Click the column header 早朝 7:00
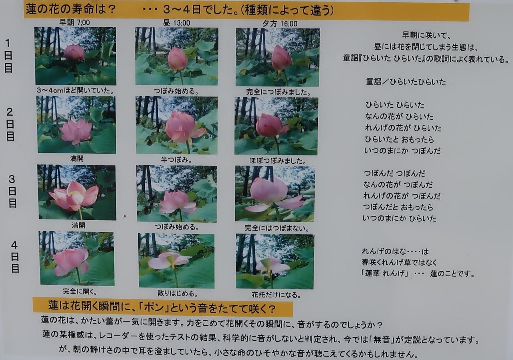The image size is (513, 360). click(x=75, y=22)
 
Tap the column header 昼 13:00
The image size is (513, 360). click(x=176, y=23)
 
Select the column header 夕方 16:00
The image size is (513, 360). click(x=280, y=24)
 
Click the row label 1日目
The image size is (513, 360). click(x=8, y=56)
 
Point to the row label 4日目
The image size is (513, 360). click(x=15, y=257)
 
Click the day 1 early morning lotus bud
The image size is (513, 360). click(x=74, y=53)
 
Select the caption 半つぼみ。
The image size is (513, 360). click(x=176, y=159)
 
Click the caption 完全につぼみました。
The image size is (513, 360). click(x=279, y=92)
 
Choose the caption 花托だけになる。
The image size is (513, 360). click(x=276, y=295)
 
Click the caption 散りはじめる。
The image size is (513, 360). click(x=178, y=293)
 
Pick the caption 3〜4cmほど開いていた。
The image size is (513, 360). click(x=75, y=91)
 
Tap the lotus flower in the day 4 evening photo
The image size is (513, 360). click(x=273, y=266)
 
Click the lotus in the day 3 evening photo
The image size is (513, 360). click(x=274, y=195)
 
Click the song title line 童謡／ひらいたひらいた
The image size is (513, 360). click(x=406, y=82)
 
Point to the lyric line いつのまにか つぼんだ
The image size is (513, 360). click(x=402, y=151)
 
